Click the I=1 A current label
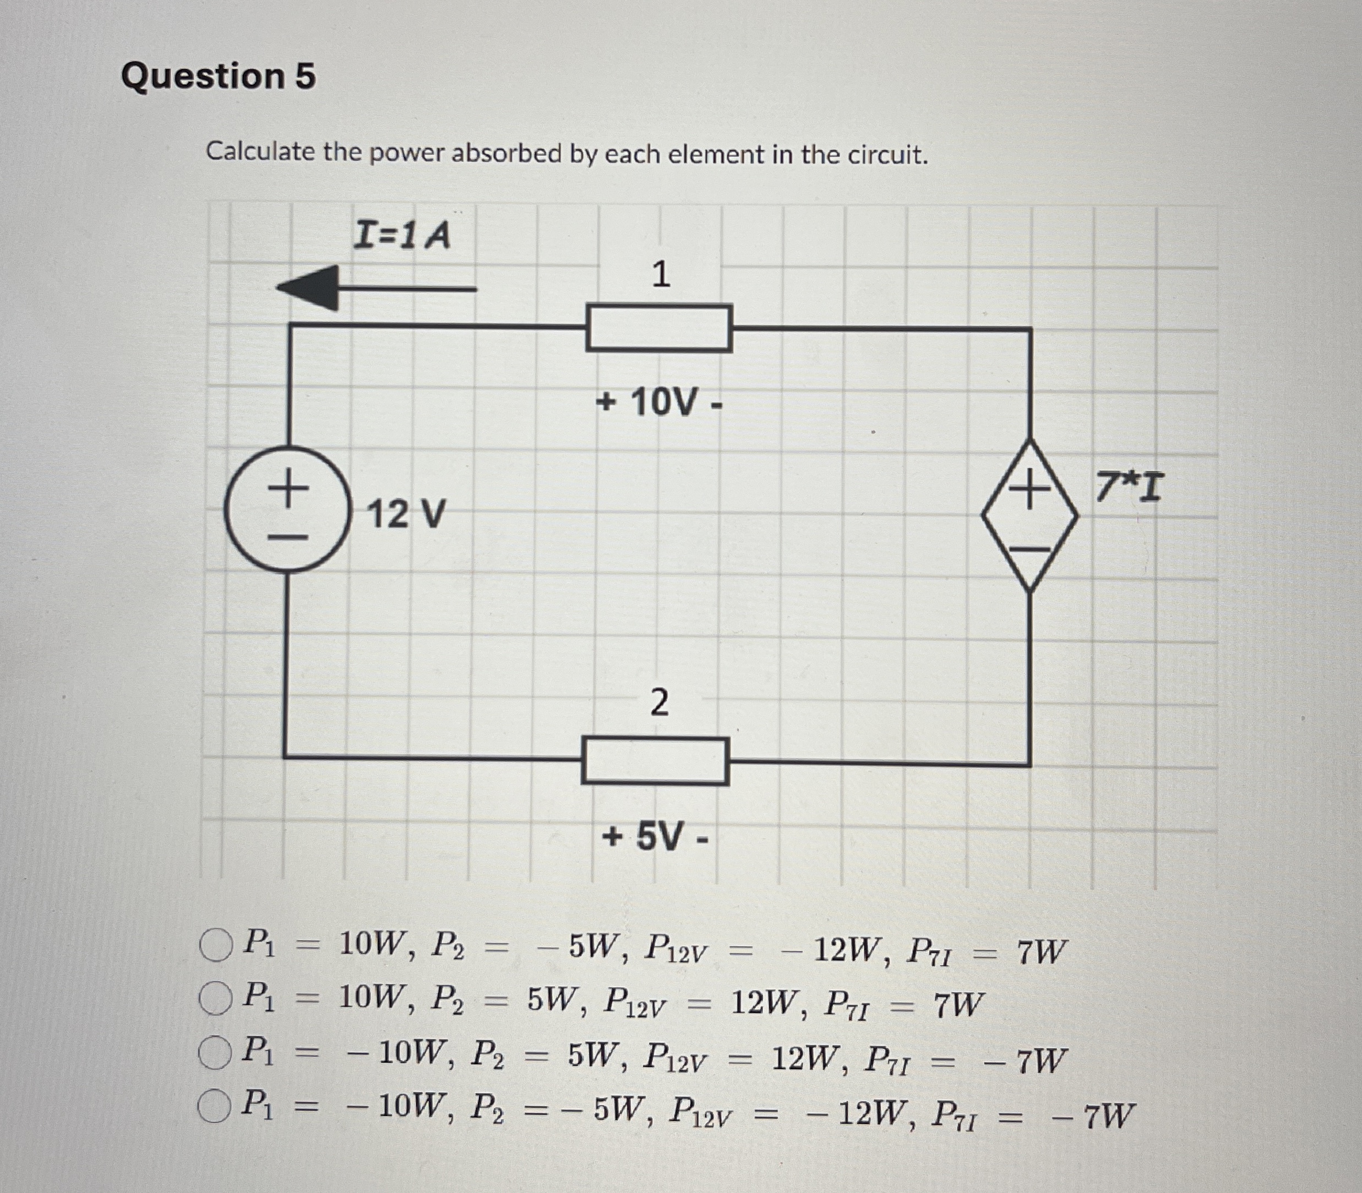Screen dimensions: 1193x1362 (x=401, y=235)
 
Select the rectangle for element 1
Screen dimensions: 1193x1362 (x=658, y=328)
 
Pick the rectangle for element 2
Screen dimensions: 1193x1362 (x=655, y=760)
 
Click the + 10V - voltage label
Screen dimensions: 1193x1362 (x=658, y=402)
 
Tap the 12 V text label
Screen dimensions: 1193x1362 (x=405, y=515)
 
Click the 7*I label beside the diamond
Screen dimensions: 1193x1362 (x=1130, y=487)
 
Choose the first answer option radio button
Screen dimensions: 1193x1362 (x=216, y=945)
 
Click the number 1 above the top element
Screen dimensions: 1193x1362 (x=661, y=274)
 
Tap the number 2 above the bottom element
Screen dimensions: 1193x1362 (x=658, y=703)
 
